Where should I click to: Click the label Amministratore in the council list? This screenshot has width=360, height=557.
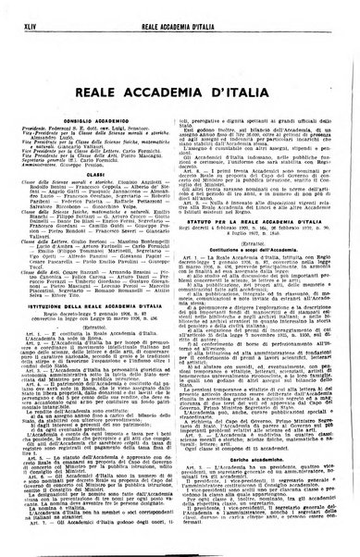click(54, 146)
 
